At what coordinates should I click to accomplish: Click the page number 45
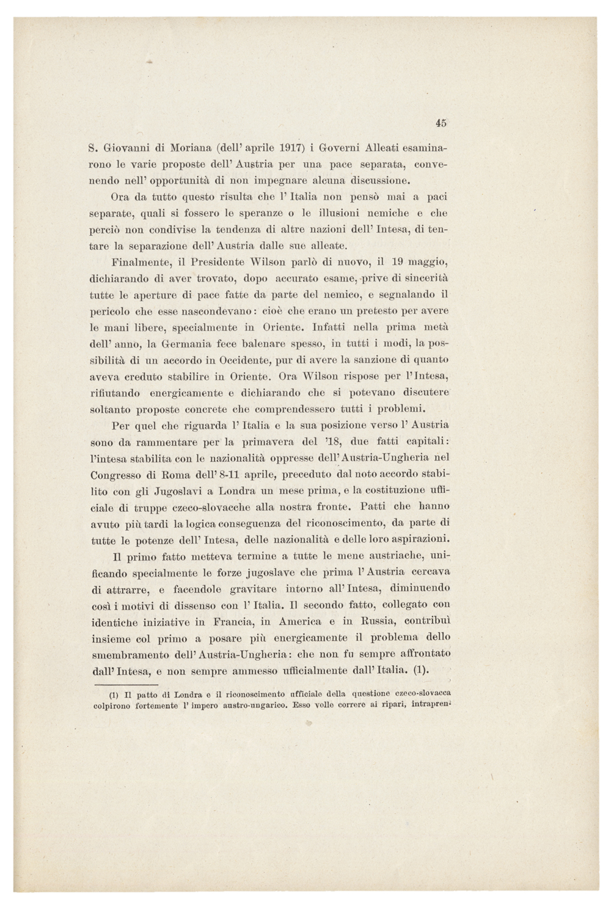pyautogui.click(x=442, y=123)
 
